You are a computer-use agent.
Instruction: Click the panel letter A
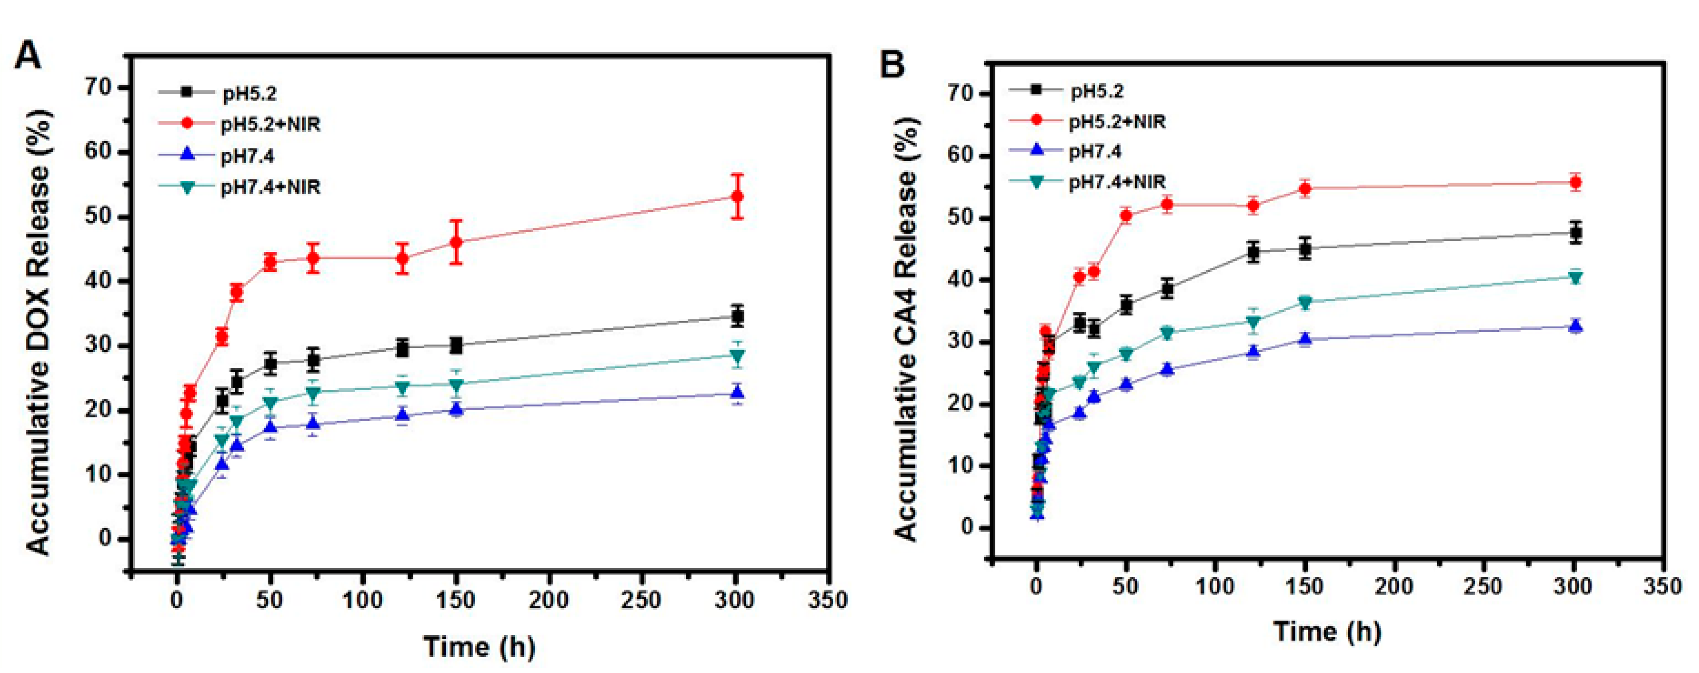click(28, 56)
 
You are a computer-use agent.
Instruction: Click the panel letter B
click(893, 65)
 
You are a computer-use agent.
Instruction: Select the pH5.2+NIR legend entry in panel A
click(270, 124)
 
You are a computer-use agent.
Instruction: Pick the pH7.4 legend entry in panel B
click(1094, 152)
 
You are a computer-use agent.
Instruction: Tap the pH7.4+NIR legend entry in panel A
click(270, 187)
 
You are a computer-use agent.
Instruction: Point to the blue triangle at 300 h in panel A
click(737, 393)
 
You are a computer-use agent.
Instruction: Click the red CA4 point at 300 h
click(1576, 183)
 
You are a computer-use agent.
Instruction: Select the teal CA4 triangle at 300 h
click(1576, 278)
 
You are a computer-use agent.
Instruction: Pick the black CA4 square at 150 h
click(1305, 249)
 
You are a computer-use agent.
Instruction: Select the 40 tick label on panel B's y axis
click(960, 280)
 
